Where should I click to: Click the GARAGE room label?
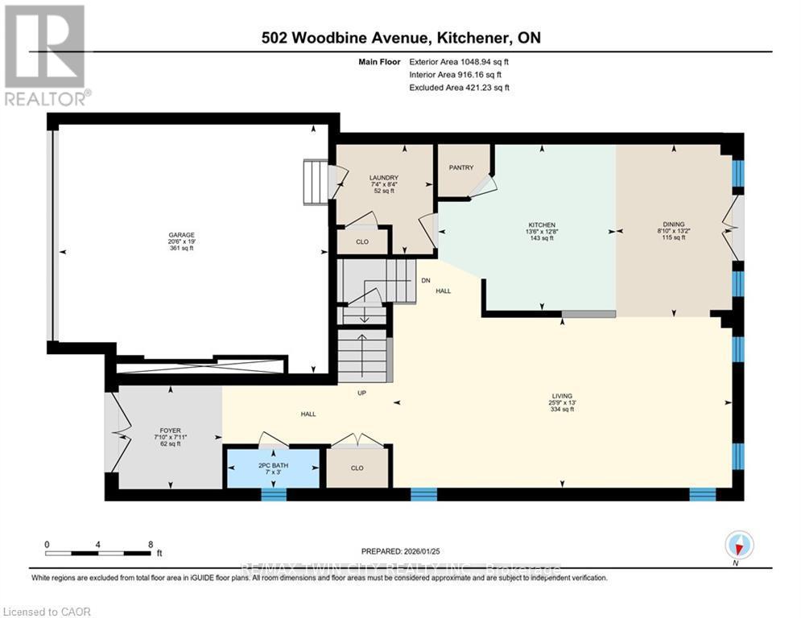[181, 235]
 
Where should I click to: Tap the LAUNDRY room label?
[384, 178]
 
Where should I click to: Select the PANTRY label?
[461, 167]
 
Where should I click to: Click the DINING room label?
[672, 225]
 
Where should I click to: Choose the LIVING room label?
[561, 396]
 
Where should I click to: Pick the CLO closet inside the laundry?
[362, 241]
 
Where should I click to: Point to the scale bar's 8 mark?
[151, 544]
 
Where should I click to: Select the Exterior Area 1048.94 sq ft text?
[459, 61]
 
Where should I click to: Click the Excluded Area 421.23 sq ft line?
[459, 88]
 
